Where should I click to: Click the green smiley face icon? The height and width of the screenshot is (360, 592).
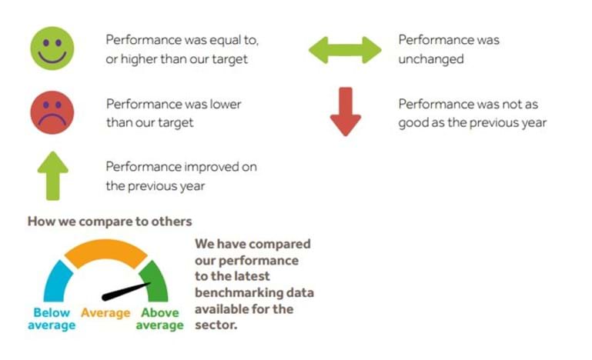(x=52, y=48)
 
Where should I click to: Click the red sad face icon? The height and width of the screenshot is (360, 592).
(x=52, y=112)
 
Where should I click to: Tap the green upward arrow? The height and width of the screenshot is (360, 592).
(x=53, y=176)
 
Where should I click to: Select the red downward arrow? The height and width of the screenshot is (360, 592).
(x=346, y=112)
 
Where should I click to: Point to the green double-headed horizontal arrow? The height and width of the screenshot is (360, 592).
(x=345, y=50)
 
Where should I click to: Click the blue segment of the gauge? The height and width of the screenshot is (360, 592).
(x=58, y=281)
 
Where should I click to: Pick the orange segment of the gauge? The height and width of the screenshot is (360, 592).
(x=105, y=253)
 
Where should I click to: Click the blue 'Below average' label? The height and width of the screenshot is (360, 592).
(x=52, y=319)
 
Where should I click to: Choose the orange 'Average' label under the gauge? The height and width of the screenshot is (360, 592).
(x=105, y=313)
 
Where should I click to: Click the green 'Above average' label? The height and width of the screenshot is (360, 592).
(x=159, y=319)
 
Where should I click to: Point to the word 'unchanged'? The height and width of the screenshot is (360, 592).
(x=431, y=59)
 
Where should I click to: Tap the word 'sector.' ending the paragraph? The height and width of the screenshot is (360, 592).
(x=216, y=325)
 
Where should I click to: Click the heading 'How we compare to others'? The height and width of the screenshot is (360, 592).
(x=110, y=222)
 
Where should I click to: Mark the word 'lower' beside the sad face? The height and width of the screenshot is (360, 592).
(x=226, y=104)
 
